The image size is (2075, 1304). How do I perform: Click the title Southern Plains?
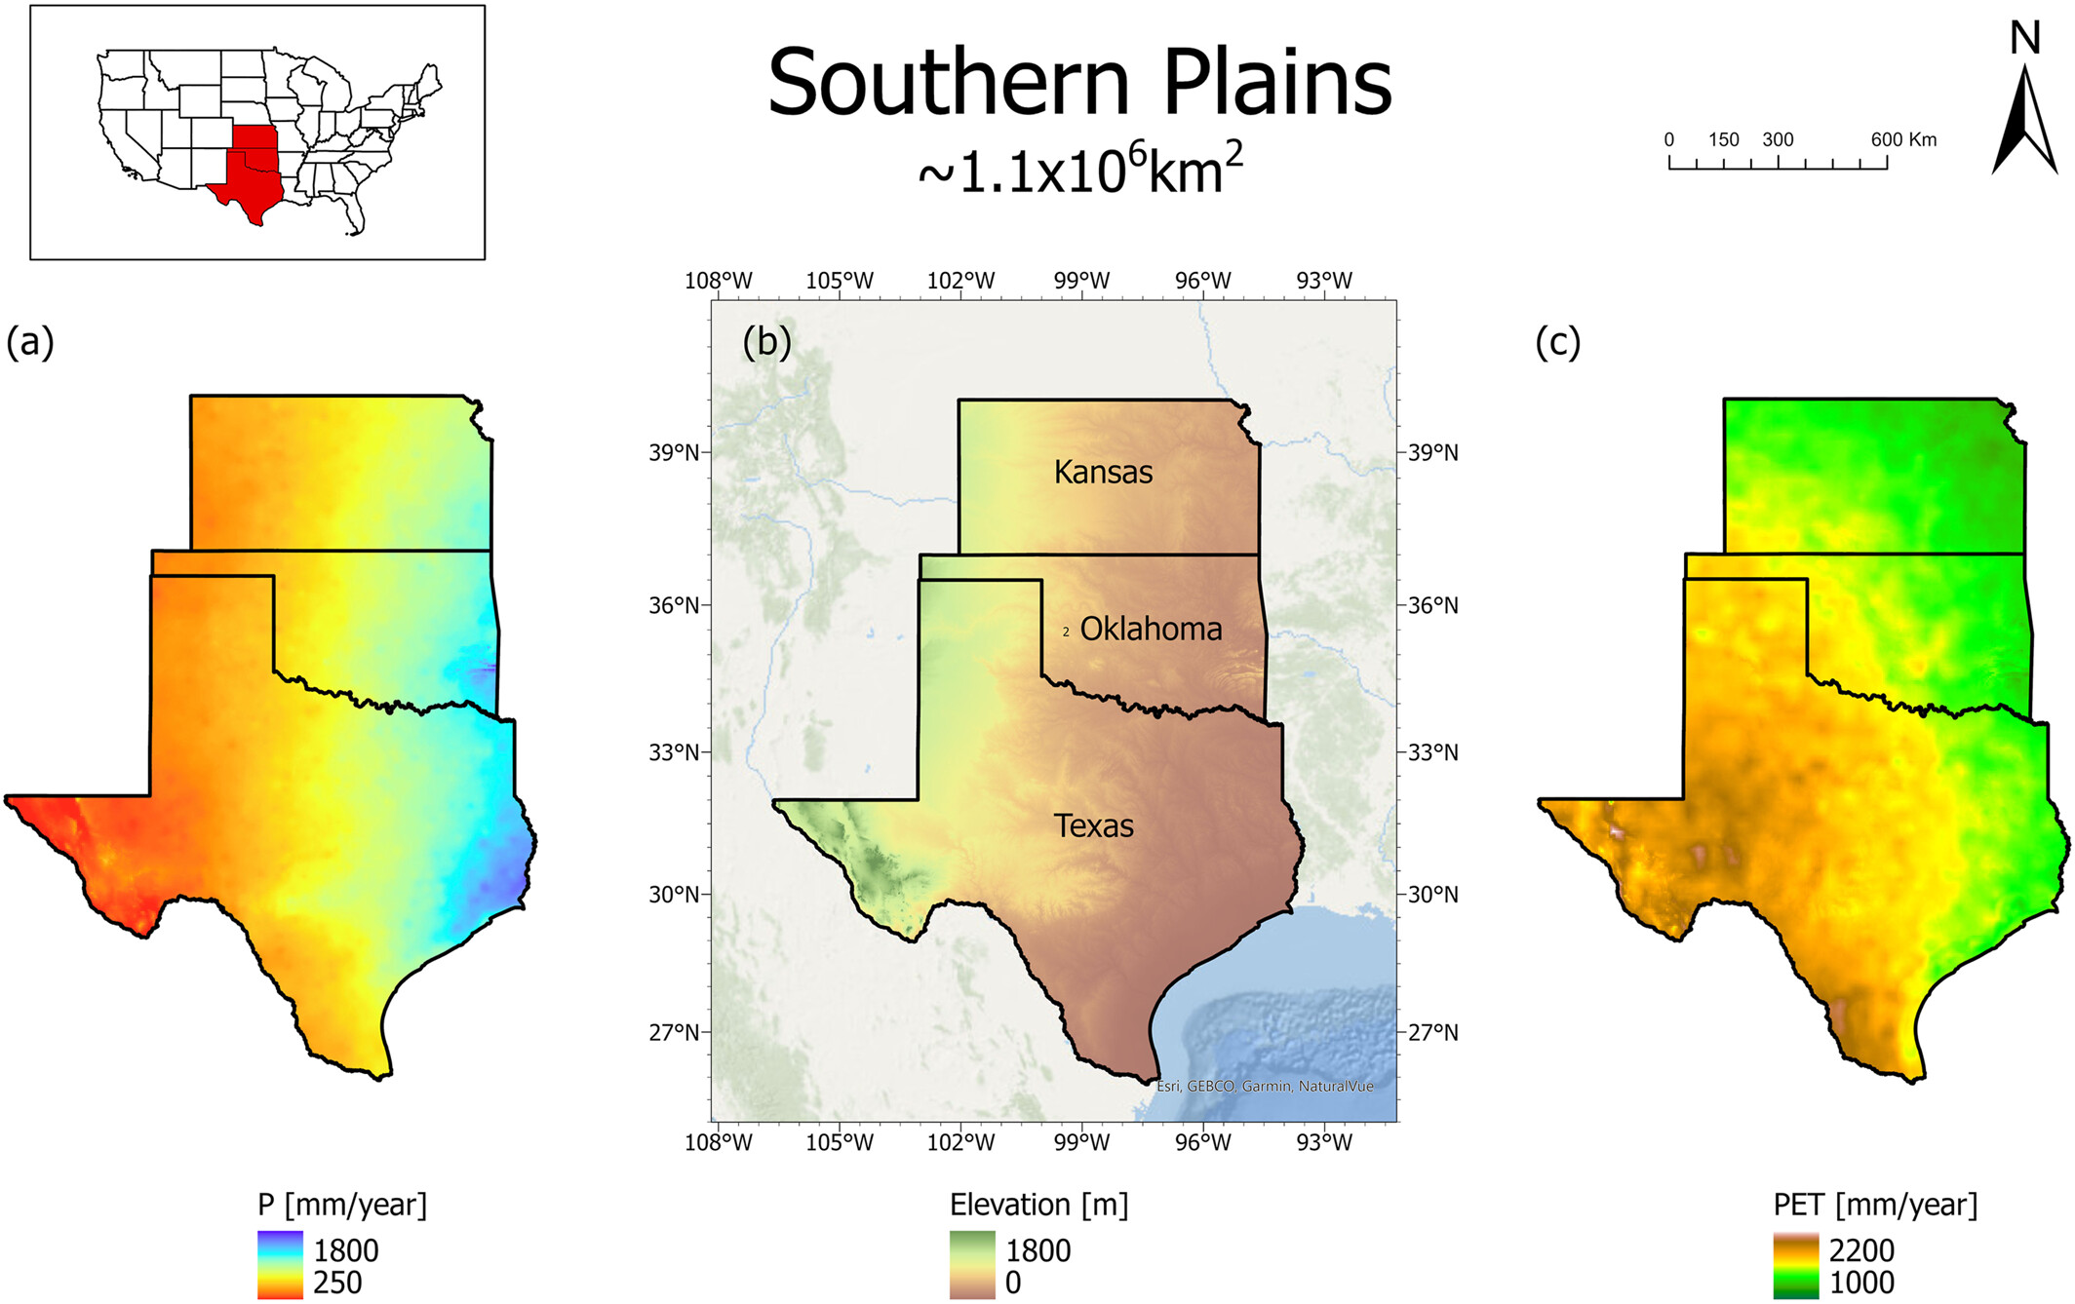point(1079,83)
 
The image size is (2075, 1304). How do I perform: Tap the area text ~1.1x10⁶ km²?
point(1079,170)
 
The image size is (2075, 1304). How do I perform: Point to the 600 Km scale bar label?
point(1902,139)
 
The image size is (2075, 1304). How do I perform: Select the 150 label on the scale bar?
point(1723,139)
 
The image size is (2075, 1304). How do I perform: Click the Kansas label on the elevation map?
point(1103,473)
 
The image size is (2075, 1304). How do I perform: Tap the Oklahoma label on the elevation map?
point(1151,630)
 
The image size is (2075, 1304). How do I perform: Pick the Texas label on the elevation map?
point(1094,826)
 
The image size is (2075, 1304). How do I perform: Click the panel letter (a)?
point(30,342)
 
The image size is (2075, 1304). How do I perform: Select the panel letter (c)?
point(1557,342)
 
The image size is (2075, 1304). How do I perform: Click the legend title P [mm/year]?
point(342,1205)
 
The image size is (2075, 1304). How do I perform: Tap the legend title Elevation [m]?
point(1038,1205)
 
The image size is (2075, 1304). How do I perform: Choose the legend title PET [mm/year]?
point(1875,1205)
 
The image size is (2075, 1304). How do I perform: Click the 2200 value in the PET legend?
point(1861,1250)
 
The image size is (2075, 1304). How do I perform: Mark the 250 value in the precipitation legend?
point(337,1283)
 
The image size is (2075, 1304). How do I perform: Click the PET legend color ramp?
point(1795,1265)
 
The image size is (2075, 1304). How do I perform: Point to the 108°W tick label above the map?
point(719,281)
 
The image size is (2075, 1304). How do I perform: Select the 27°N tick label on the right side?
point(1432,1032)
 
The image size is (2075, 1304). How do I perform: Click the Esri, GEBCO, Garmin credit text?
point(1264,1086)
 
